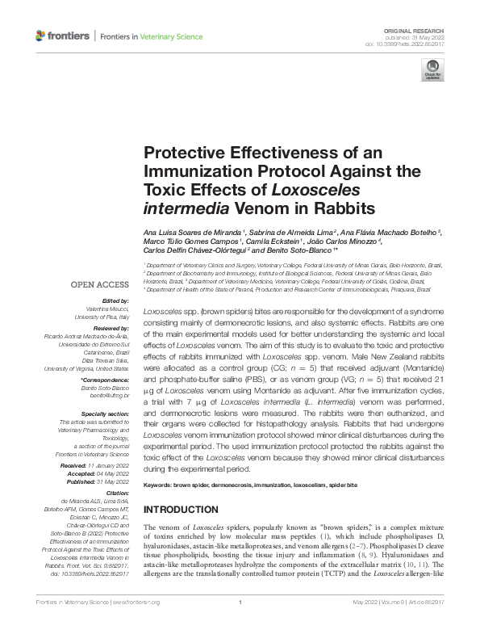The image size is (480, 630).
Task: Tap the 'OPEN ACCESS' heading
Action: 100,285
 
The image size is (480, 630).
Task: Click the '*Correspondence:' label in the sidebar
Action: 105,379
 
